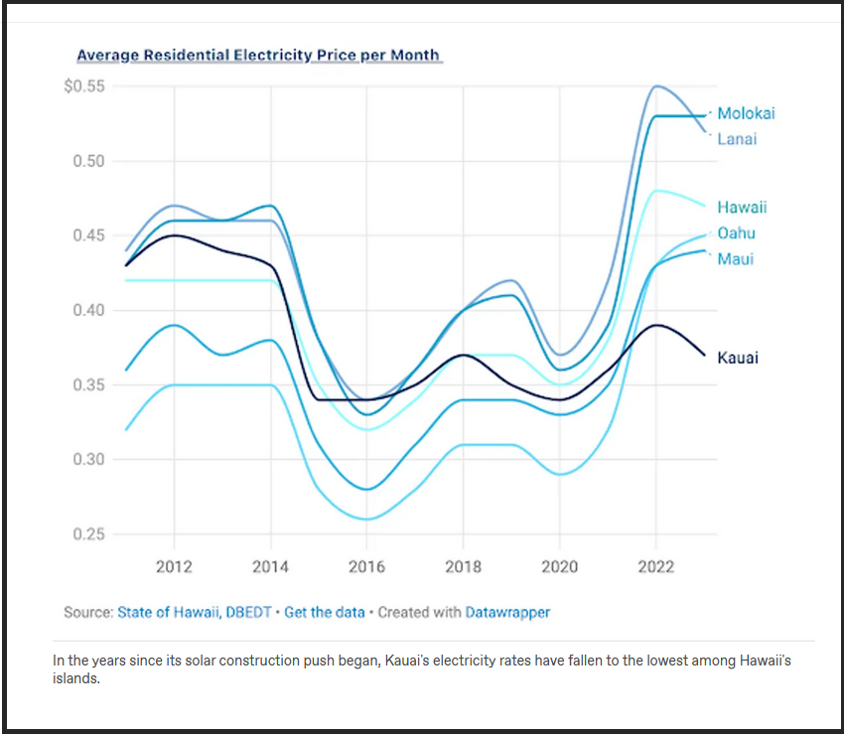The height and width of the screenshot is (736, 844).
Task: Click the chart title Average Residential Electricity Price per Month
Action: pos(257,56)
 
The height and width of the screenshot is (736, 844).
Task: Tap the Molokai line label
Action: pos(746,113)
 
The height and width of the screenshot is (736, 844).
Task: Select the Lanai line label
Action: pos(737,139)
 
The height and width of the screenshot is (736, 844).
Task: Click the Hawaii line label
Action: pos(742,208)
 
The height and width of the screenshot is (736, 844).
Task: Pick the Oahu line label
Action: pos(736,233)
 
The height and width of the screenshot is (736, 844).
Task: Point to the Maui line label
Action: pos(735,259)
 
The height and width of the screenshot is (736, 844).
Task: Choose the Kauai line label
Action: pos(738,358)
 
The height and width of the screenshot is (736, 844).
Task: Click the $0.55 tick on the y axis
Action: pos(83,86)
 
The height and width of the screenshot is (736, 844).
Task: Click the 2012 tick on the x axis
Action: pos(175,566)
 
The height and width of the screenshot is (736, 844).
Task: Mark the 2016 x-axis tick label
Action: pos(367,566)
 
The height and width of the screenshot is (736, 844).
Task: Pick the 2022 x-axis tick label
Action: pos(655,566)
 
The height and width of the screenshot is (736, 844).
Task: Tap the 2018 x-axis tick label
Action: pos(464,566)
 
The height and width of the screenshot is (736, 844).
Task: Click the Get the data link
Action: pos(324,613)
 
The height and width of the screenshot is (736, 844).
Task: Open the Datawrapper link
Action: pos(507,613)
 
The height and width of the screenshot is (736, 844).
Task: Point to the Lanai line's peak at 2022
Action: pos(655,86)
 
